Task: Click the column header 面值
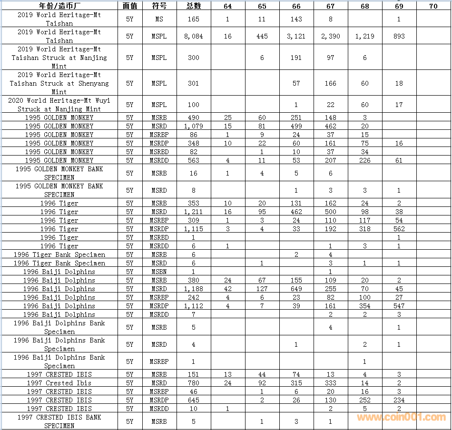pos(129,6)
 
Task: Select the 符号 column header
pos(159,6)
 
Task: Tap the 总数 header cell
pos(194,6)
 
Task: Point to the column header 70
pos(433,6)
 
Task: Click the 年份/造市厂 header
pos(59,6)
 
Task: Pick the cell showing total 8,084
pos(194,36)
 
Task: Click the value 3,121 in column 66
pos(296,36)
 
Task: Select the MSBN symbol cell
pos(159,272)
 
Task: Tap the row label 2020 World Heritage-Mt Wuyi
pos(59,105)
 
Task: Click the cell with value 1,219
pos(365,36)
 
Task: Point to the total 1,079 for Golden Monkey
pos(194,126)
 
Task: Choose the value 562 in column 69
pos(399,229)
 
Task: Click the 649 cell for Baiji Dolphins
pos(296,289)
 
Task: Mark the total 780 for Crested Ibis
pos(194,383)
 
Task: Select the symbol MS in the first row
pos(159,19)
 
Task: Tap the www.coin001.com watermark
pos(402,417)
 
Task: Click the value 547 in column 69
pos(399,306)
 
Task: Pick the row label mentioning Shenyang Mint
pos(59,83)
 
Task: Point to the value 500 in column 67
pos(331,212)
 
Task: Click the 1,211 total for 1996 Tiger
pos(194,212)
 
